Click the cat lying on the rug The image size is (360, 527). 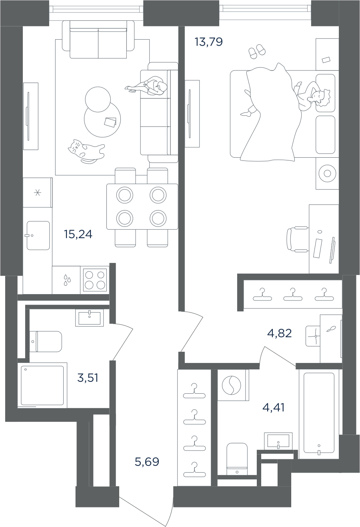pyautogui.click(x=86, y=151)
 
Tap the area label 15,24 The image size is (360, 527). pyautogui.click(x=78, y=234)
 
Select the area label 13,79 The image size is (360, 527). pyautogui.click(x=208, y=42)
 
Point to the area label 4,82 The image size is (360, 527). pyautogui.click(x=279, y=333)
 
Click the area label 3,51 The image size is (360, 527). pyautogui.click(x=88, y=377)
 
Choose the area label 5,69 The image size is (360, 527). pyautogui.click(x=147, y=462)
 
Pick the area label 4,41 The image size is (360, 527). pyautogui.click(x=274, y=408)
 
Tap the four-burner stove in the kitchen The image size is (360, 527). pyautogui.click(x=95, y=280)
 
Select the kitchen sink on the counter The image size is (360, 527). pyautogui.click(x=38, y=236)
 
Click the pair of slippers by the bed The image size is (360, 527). pyautogui.click(x=256, y=51)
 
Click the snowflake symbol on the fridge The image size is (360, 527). pyautogui.click(x=38, y=193)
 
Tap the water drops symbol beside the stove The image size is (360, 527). pyautogui.click(x=66, y=280)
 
